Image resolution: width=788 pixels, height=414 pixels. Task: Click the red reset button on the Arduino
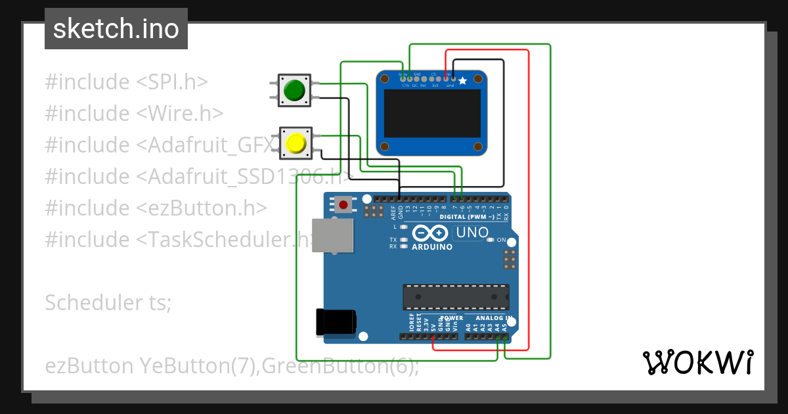(x=343, y=204)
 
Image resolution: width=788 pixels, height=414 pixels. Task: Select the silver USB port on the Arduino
(x=332, y=236)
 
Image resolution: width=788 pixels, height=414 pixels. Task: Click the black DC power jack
(x=336, y=321)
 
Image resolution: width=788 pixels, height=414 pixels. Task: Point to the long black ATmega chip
(x=456, y=296)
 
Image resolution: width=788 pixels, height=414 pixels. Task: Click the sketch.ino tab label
(x=116, y=29)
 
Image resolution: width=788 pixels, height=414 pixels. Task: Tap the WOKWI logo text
(x=697, y=362)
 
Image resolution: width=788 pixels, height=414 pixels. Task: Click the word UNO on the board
(x=472, y=232)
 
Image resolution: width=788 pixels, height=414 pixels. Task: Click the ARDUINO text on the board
(x=432, y=247)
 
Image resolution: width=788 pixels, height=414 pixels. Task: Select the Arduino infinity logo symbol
(x=430, y=233)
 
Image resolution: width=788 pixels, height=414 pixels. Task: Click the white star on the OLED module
(x=463, y=81)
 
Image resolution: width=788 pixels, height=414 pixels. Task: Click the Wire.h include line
(x=134, y=114)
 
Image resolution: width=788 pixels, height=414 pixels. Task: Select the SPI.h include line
(x=126, y=82)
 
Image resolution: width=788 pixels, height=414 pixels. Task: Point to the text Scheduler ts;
(x=108, y=302)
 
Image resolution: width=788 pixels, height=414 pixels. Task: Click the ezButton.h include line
(x=156, y=208)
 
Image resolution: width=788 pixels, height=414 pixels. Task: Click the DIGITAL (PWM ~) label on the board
(x=464, y=216)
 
